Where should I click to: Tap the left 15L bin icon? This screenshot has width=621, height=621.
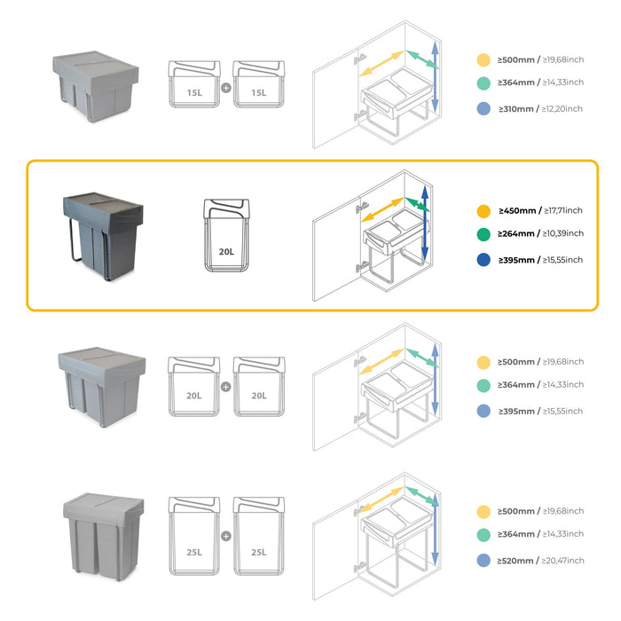point(193,85)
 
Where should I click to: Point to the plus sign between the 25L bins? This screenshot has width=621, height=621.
point(226,536)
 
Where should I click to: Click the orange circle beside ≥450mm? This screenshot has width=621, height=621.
point(483,211)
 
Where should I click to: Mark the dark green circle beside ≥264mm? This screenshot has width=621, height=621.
point(483,235)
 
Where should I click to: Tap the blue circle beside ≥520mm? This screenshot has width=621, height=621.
point(483,561)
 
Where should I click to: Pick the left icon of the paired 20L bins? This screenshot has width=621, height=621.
point(193,388)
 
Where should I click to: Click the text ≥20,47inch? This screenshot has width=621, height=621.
point(562,561)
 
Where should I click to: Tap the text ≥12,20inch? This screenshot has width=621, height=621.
point(562,109)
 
